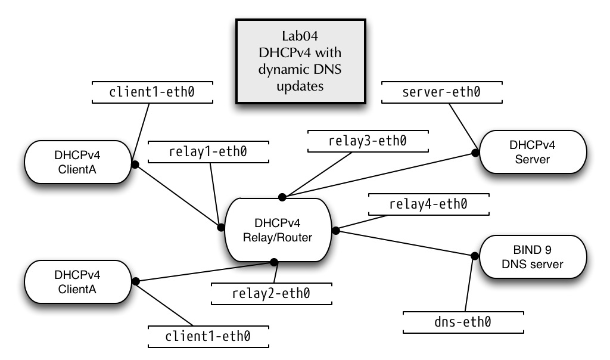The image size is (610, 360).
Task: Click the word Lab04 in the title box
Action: (x=300, y=36)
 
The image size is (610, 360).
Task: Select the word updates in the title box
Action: (x=300, y=86)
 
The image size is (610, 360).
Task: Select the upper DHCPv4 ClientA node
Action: (x=77, y=162)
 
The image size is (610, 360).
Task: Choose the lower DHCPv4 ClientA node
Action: (x=77, y=283)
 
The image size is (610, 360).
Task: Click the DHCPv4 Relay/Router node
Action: (x=278, y=230)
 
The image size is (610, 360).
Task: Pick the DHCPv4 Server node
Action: (x=533, y=152)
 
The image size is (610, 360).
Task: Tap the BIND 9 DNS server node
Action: (x=533, y=257)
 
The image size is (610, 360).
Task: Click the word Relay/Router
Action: (x=278, y=238)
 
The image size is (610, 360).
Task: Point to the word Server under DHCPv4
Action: (x=533, y=159)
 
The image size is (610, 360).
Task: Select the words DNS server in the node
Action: (x=533, y=264)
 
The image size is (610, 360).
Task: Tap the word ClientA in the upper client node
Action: (x=77, y=170)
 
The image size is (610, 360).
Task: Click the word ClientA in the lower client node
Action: (x=77, y=290)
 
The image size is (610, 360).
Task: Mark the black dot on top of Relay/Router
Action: (x=282, y=199)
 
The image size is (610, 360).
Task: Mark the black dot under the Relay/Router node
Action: (x=274, y=260)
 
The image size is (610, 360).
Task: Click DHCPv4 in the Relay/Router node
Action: (x=278, y=224)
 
